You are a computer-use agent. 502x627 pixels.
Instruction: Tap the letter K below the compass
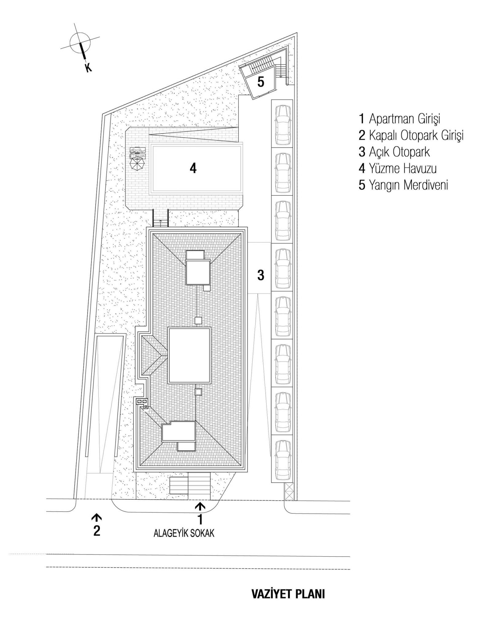pos(88,68)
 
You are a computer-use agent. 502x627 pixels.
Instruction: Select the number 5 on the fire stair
pos(261,82)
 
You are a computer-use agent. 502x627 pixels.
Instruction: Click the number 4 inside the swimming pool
pos(193,168)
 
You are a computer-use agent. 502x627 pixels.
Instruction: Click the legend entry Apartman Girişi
pos(399,119)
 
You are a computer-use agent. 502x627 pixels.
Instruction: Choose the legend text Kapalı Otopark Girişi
pos(411,135)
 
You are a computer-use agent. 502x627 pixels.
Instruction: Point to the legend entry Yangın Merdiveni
pos(403,185)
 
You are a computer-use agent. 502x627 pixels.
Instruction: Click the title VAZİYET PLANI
pos(288,594)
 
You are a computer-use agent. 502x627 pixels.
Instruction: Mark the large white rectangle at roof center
pos(190,355)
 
